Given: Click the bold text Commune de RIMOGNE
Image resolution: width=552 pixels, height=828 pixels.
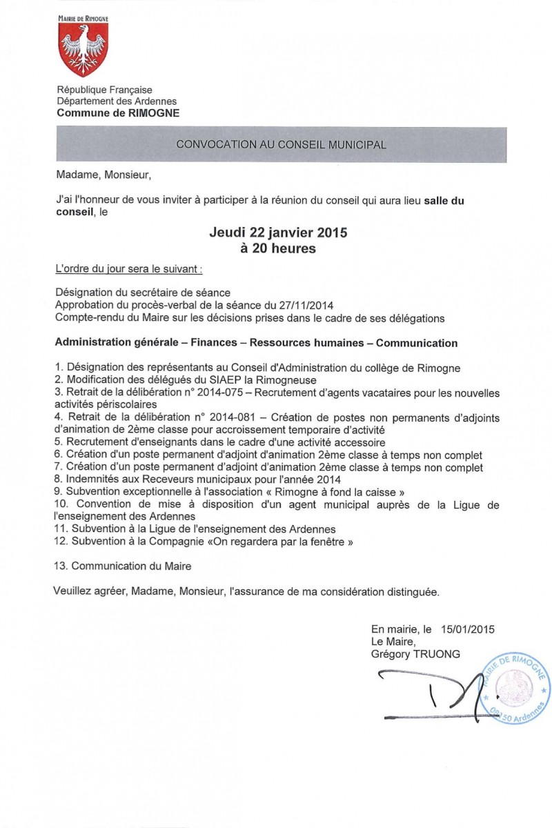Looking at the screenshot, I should point(117,113).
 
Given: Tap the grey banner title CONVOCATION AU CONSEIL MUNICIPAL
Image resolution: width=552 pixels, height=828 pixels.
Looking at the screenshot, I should point(281,145).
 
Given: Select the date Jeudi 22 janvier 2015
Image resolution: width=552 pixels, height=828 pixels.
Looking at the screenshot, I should point(278,233).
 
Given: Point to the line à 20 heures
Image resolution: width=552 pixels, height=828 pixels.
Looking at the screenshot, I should point(278,249).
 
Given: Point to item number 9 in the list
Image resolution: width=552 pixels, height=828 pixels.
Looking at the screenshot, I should point(58,492).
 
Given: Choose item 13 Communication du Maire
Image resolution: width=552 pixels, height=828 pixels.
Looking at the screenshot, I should point(122,566).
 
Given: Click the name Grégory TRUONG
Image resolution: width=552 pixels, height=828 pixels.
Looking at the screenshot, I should point(415,653).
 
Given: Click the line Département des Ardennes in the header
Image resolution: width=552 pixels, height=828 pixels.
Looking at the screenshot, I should point(117,101).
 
